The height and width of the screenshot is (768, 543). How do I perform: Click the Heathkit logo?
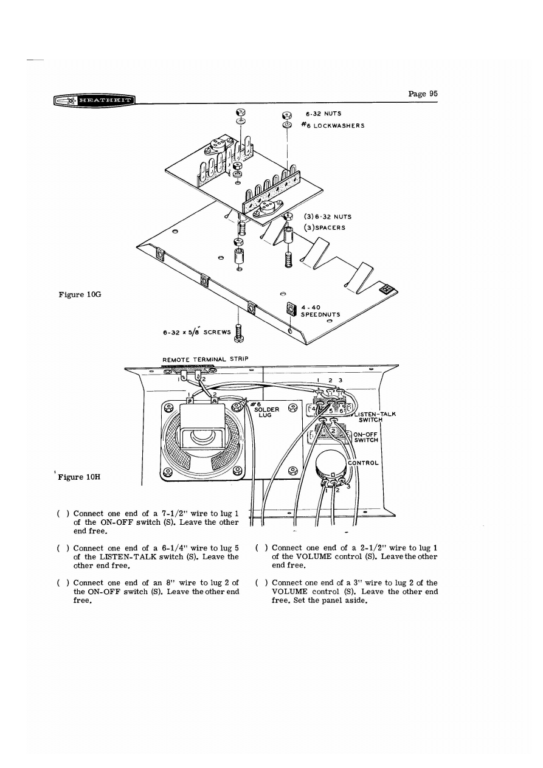tap(94, 100)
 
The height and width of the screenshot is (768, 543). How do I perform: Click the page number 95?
tap(423, 94)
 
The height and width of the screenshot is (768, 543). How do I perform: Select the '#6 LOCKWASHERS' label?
tap(335, 125)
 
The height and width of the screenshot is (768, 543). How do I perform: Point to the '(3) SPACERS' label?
tap(327, 228)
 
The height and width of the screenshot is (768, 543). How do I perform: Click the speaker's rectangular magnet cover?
tap(200, 420)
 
